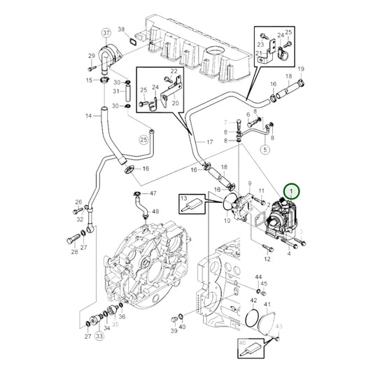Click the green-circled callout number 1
pyautogui.click(x=290, y=189)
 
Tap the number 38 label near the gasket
pyautogui.click(x=121, y=29)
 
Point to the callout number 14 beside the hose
pyautogui.click(x=89, y=116)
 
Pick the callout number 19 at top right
pyautogui.click(x=301, y=69)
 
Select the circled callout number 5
pyautogui.click(x=265, y=149)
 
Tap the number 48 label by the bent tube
pyautogui.click(x=155, y=211)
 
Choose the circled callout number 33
pyautogui.click(x=99, y=337)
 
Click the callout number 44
pyautogui.click(x=258, y=278)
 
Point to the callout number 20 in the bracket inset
pyautogui.click(x=175, y=103)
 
